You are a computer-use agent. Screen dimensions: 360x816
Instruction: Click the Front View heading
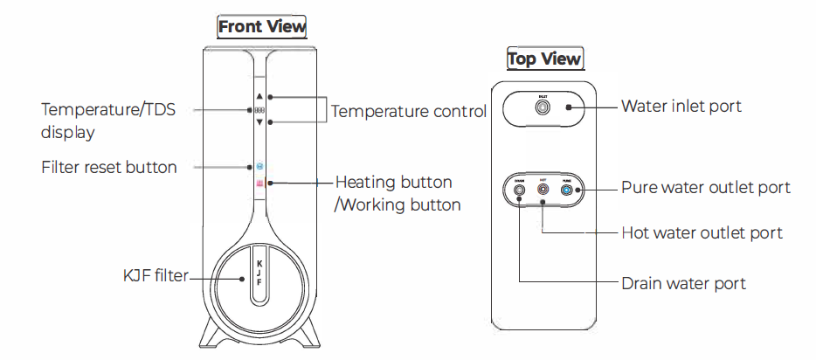pyautogui.click(x=262, y=27)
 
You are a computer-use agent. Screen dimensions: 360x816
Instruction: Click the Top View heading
pyautogui.click(x=544, y=59)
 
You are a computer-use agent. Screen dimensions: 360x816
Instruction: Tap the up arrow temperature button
pyautogui.click(x=259, y=97)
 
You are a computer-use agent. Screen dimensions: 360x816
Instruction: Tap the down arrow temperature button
pyautogui.click(x=259, y=122)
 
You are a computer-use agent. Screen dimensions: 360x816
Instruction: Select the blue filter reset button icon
pyautogui.click(x=259, y=165)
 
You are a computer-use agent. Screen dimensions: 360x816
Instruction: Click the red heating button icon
pyautogui.click(x=259, y=183)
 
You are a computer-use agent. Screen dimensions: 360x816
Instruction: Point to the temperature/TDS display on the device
pyautogui.click(x=259, y=110)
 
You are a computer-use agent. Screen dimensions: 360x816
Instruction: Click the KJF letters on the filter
pyautogui.click(x=259, y=278)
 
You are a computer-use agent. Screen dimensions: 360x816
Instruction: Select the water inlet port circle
pyautogui.click(x=543, y=107)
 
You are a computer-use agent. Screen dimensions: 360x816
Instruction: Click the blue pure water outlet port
pyautogui.click(x=567, y=189)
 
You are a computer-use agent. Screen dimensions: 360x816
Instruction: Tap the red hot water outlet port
pyautogui.click(x=543, y=189)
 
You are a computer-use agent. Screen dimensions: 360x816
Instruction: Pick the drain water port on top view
pyautogui.click(x=519, y=189)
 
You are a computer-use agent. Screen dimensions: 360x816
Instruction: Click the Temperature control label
pyautogui.click(x=409, y=111)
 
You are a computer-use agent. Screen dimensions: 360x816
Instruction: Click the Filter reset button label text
pyautogui.click(x=109, y=166)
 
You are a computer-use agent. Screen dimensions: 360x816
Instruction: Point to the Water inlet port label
pyautogui.click(x=681, y=107)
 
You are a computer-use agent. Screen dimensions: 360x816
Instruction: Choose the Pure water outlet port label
pyautogui.click(x=705, y=188)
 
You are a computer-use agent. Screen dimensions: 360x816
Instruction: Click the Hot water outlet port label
pyautogui.click(x=702, y=233)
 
